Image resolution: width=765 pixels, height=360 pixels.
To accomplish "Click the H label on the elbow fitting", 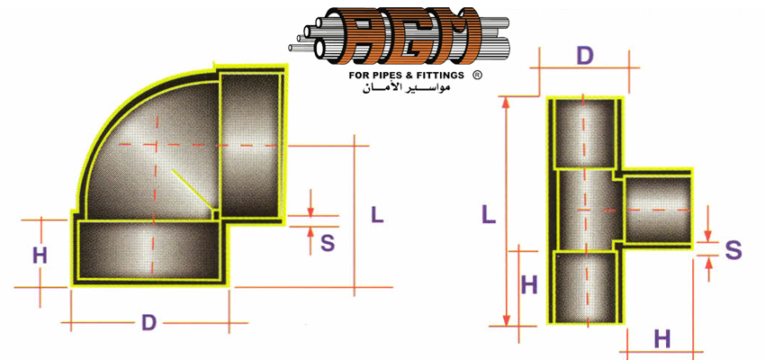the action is point(40,256).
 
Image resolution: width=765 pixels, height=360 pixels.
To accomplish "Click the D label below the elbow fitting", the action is point(148,323).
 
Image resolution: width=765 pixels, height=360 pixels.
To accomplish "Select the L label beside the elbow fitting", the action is point(377,215).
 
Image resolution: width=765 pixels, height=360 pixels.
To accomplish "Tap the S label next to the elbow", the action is point(328,243).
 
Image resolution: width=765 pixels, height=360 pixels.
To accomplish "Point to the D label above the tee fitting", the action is point(584,57).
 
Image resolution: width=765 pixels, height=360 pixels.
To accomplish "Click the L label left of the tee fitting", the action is point(489,214).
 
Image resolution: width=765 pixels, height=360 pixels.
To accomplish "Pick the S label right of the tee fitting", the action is point(733,250).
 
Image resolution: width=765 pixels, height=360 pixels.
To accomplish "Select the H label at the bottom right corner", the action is point(662,338).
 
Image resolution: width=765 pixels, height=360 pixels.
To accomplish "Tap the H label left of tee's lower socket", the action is point(529,285).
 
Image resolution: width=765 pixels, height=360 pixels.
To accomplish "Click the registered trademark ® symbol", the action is point(478,75).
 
